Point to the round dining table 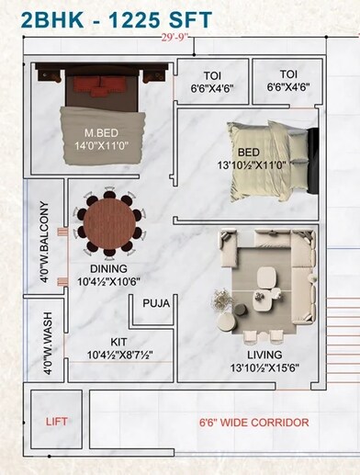pos(109,221)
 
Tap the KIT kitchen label pos(118,341)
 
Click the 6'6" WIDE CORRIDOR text pos(254,423)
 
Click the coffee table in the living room pos(265,278)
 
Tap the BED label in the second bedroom pos(249,152)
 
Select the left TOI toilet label pos(211,74)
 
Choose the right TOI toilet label pos(288,74)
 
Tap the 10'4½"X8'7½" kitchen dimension pos(119,355)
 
